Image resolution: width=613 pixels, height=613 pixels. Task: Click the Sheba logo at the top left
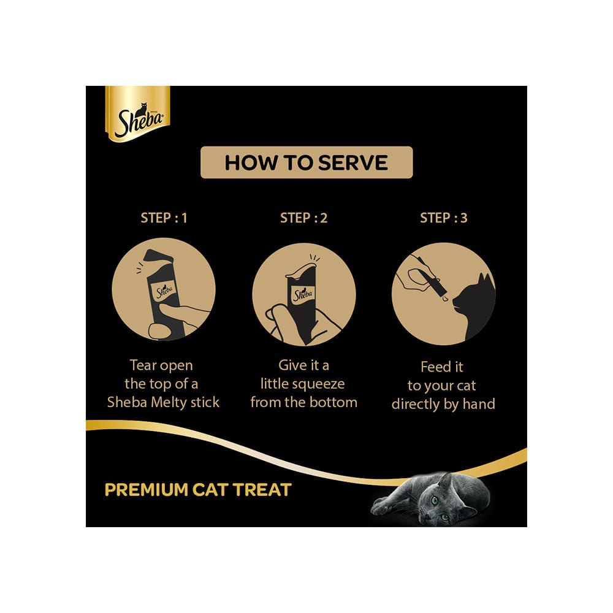138,113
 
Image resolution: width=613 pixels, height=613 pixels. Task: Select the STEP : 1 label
164,218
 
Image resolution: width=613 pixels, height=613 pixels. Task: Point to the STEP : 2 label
304,218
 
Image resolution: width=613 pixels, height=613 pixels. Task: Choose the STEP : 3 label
444,218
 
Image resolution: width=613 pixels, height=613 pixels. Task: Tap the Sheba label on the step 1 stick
164,291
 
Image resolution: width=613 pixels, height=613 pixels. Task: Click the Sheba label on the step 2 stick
303,294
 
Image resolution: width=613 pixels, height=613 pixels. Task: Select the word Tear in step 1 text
143,365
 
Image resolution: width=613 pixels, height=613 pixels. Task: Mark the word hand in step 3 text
479,403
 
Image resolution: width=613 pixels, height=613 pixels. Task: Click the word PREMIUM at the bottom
147,490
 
